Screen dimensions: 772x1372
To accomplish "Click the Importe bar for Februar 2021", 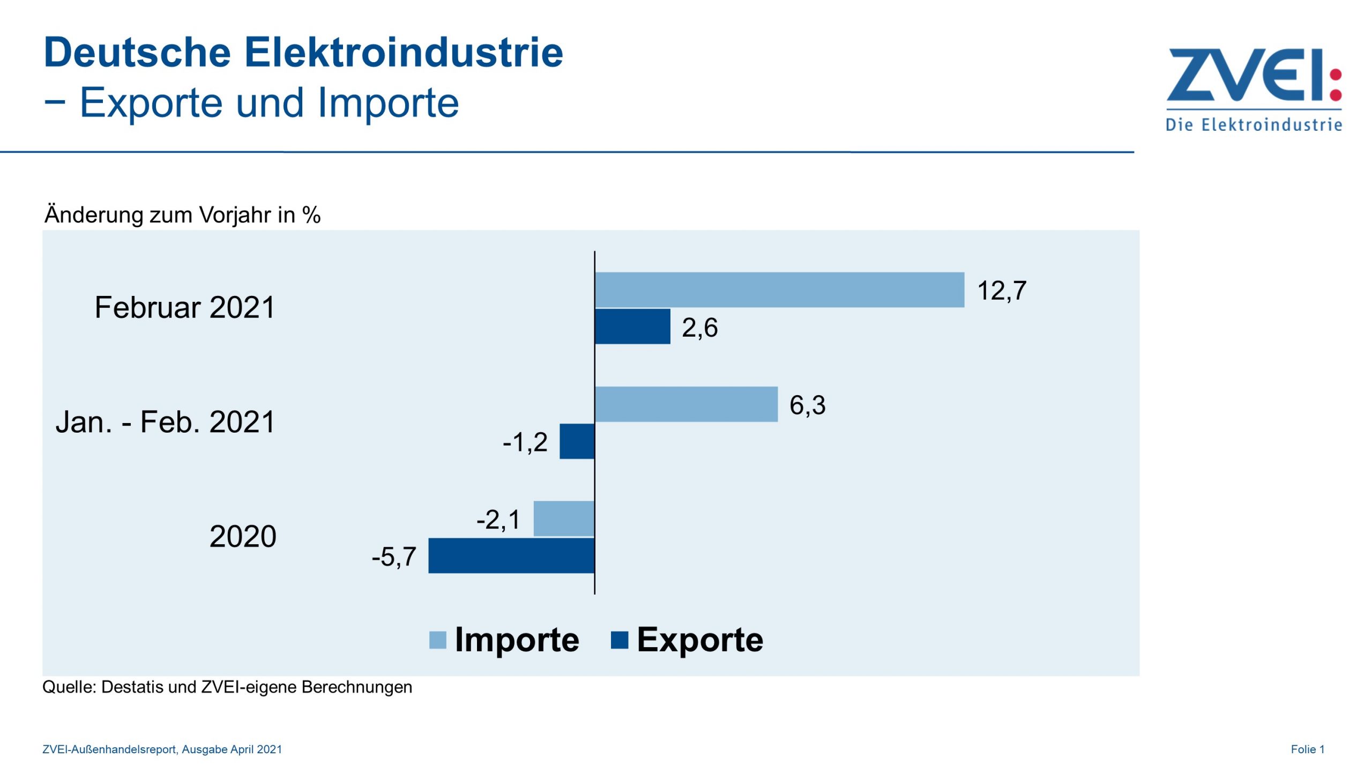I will tap(779, 289).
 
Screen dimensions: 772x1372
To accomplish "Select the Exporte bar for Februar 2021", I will tap(632, 326).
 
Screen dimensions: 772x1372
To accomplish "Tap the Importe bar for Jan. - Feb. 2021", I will tap(686, 404).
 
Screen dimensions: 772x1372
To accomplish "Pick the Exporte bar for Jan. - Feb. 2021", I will tap(577, 441).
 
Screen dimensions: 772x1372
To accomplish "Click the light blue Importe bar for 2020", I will tap(564, 518).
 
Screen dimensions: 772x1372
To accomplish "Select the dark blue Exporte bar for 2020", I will tap(511, 555).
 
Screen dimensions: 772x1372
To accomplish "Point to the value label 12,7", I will tap(1002, 291).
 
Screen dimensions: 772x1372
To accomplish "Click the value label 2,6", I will tap(699, 328).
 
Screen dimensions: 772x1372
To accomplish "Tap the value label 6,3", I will tap(807, 405).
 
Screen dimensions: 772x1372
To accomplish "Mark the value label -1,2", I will tap(525, 442).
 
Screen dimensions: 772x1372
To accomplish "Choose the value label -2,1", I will tap(498, 519).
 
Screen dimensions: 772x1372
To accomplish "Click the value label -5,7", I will tap(394, 556).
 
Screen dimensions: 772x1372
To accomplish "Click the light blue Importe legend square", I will tap(438, 640).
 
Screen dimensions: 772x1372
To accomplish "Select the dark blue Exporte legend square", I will tap(620, 640).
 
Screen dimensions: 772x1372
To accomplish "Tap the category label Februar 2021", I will tap(184, 308).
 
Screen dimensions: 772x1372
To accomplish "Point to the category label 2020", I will tap(243, 536).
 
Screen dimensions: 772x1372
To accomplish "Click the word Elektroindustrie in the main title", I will tap(404, 53).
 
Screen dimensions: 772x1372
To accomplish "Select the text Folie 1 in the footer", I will tap(1308, 749).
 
